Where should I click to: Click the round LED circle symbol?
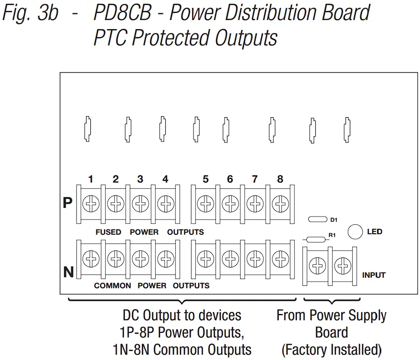(354, 232)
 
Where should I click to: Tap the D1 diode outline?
(317, 219)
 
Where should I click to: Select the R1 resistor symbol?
(315, 240)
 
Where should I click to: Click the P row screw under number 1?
(90, 204)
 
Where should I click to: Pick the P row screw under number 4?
(165, 204)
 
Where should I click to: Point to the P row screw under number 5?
(205, 204)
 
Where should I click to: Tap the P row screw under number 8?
(280, 204)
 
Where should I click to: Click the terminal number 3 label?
(140, 180)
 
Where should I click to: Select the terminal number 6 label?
(230, 180)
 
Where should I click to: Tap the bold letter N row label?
(68, 273)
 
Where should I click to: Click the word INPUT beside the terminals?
(374, 275)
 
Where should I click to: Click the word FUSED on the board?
(108, 232)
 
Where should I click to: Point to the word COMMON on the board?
(112, 285)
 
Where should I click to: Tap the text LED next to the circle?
(375, 232)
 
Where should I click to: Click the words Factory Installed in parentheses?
(331, 349)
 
